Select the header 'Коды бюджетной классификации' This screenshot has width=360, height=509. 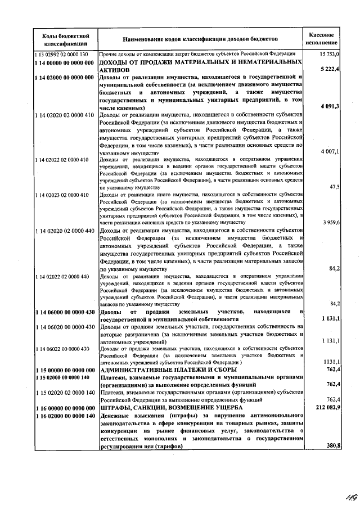(66, 39)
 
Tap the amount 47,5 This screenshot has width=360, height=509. (334, 187)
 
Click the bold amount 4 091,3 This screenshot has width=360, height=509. (329, 107)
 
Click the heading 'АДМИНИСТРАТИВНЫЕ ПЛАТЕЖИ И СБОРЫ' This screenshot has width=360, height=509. (168, 370)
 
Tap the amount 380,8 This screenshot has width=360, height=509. (331, 445)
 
